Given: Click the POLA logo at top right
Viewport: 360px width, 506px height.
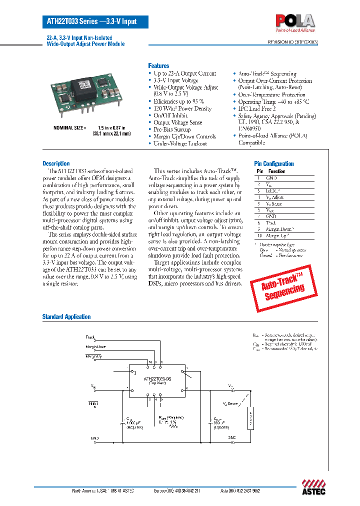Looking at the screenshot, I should tap(295, 20).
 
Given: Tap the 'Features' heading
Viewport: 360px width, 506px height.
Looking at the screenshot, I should tap(158, 66).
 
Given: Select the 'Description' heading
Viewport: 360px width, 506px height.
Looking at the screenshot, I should tap(56, 163).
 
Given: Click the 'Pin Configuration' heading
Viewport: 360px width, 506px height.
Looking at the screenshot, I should tap(274, 163).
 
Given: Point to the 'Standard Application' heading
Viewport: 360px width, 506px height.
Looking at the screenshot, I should tap(66, 316).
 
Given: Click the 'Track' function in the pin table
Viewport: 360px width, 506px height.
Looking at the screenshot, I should tap(271, 222).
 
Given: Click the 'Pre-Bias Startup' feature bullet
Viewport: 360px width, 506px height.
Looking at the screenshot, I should tap(172, 129).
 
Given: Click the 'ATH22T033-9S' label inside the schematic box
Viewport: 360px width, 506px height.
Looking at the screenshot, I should tap(157, 379).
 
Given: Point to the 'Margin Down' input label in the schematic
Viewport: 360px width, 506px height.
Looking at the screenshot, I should tap(95, 346).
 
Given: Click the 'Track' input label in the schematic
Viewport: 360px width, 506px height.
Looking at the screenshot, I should tap(90, 337).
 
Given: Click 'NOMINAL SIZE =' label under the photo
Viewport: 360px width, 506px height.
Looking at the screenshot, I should tap(70, 128).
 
